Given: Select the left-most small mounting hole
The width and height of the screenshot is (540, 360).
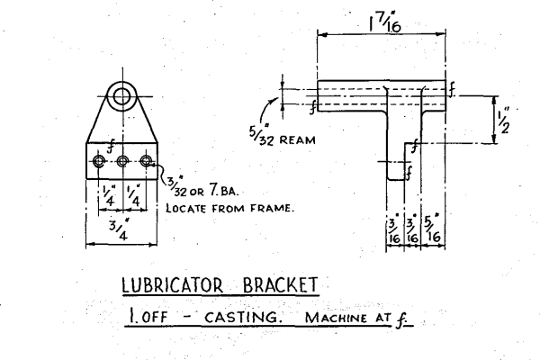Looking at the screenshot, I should tap(99, 161).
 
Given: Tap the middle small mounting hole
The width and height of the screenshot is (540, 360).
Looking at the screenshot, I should tap(122, 161).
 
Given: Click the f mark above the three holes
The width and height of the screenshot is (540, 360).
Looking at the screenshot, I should tap(109, 142).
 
